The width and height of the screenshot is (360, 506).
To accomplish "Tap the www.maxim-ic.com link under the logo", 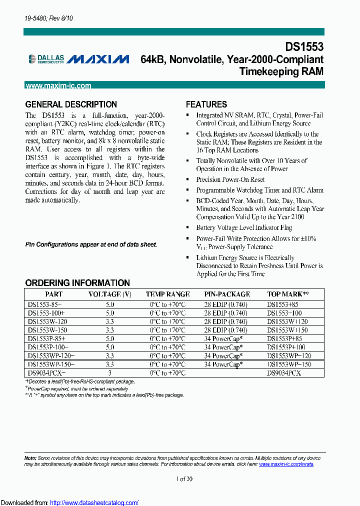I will point(58,86).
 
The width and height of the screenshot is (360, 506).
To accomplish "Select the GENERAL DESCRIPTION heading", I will point(71,104).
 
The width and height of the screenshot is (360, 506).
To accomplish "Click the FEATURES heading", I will point(206,104).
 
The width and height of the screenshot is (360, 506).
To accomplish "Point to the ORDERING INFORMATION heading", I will point(77,283).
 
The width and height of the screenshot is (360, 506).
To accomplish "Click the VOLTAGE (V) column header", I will point(110,294).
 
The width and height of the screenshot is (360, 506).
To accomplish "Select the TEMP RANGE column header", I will point(167,294).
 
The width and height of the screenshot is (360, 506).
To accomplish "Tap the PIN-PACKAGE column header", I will point(227,294).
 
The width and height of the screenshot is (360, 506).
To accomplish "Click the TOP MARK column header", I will point(288,294).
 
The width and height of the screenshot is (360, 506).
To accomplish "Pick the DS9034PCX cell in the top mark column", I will point(285,373).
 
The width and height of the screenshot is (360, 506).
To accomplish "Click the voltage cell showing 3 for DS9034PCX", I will point(110,373).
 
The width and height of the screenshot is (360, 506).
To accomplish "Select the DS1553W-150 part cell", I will point(47,330).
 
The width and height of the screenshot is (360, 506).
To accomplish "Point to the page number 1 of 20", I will point(184,478).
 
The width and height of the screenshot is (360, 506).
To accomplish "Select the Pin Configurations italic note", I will point(91,244).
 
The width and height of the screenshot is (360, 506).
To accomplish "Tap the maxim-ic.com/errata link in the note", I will point(286,464).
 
